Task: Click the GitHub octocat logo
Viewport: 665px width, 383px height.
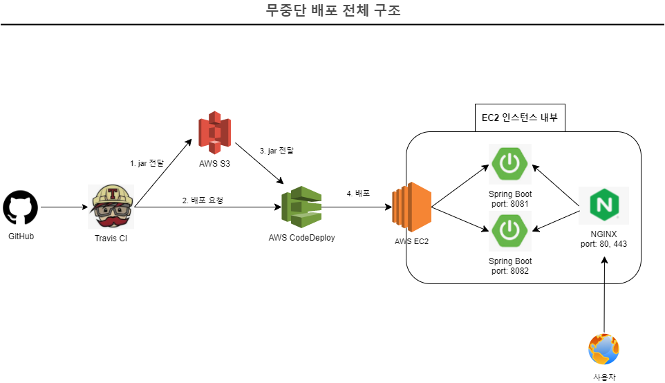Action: point(21,207)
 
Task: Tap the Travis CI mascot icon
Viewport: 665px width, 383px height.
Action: point(111,207)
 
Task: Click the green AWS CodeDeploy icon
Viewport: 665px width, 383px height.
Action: point(301,208)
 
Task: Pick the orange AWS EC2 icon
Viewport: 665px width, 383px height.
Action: point(411,207)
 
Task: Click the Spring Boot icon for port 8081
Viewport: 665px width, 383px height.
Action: point(509,164)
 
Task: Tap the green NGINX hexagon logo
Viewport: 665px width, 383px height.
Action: point(603,205)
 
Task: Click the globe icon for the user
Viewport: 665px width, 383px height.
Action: point(603,349)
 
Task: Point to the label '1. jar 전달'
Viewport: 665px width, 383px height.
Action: point(147,164)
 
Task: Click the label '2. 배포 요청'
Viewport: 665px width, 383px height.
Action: point(203,200)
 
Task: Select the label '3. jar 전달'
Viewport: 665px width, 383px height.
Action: point(276,151)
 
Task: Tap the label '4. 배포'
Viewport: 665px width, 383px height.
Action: point(358,194)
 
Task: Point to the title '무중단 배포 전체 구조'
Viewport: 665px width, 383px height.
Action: point(332,11)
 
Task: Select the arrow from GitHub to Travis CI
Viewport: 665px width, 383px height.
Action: point(64,207)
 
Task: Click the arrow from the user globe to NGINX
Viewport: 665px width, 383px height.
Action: point(604,294)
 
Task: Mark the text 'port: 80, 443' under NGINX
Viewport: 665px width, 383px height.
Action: point(604,243)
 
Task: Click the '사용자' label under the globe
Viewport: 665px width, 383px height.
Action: point(603,377)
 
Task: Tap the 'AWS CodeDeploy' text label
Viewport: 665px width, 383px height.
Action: point(301,238)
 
